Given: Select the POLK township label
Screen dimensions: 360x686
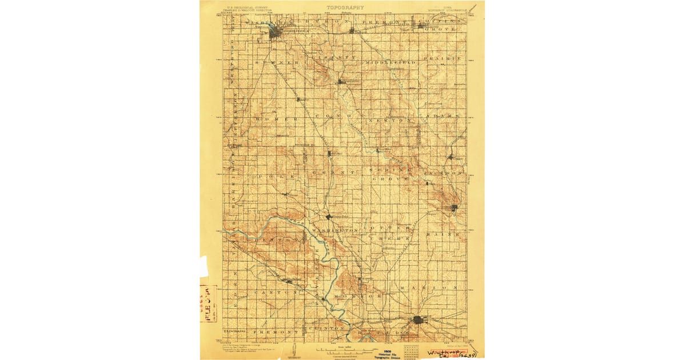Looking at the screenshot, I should [x=278, y=177].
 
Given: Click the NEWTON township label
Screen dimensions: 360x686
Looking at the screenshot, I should [x=390, y=121].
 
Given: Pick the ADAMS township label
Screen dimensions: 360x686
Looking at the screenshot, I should [x=441, y=116].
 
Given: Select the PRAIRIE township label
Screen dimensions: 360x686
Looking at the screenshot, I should [x=442, y=59].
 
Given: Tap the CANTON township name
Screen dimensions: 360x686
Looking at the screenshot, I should [x=276, y=292].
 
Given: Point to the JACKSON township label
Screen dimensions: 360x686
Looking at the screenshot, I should [x=443, y=172].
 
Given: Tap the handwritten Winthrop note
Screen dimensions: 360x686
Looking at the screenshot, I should [x=448, y=353].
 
